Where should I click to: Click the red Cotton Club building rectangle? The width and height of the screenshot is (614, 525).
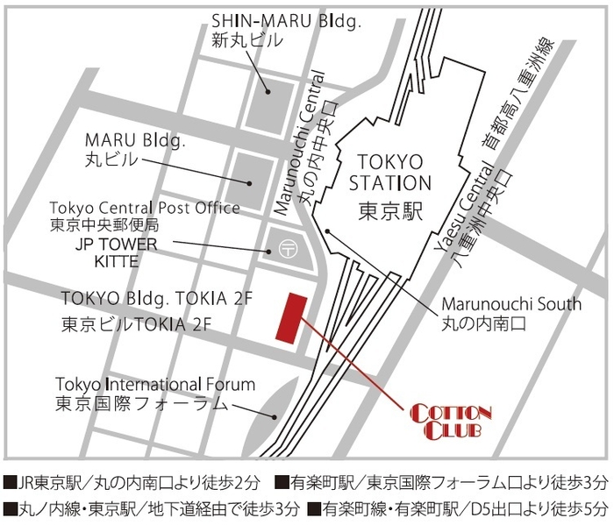coord(289,317)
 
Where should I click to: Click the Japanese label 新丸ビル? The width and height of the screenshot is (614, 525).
coord(246,40)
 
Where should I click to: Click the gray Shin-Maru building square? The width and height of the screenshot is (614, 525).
coord(268,96)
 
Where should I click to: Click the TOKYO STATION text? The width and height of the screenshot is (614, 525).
coord(390,173)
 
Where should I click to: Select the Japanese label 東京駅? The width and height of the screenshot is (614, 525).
coord(390,211)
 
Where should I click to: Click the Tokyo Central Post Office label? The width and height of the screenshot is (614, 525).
coord(145,208)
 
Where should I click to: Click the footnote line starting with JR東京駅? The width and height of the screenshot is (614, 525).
coord(131,481)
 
